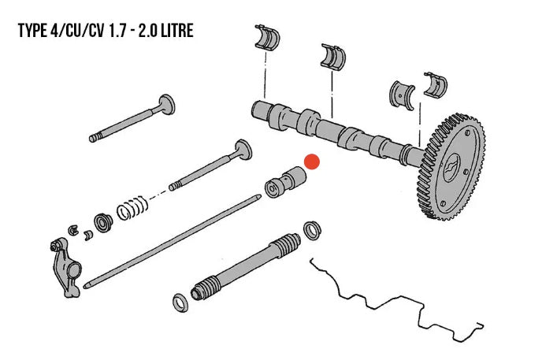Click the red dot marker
[312, 161]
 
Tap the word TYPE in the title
[35, 32]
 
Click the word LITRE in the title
[174, 32]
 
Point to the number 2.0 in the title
[142, 32]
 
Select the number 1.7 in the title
[111, 32]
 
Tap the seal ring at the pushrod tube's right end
[314, 230]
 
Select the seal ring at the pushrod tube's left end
[180, 300]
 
